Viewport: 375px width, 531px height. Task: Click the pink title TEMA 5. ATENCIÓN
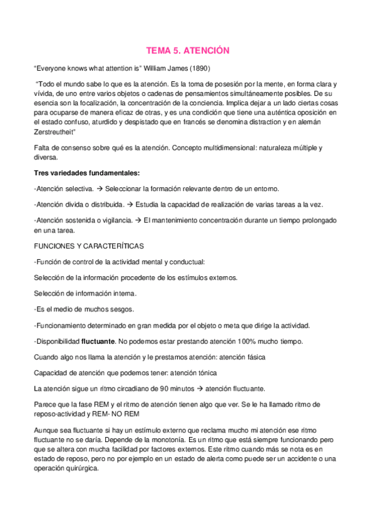[x=188, y=50]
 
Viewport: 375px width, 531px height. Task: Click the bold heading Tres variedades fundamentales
[x=86, y=173]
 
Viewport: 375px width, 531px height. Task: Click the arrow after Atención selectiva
[x=100, y=188]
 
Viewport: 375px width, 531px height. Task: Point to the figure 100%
[x=247, y=342]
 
